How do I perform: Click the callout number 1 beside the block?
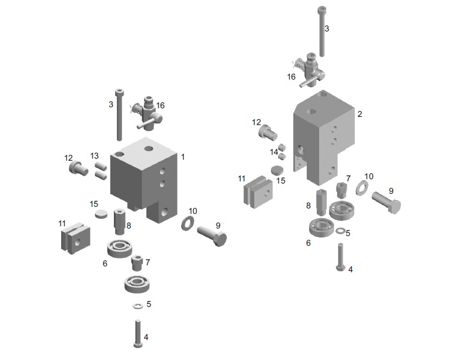(x=183, y=157)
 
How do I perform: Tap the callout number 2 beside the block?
(x=360, y=114)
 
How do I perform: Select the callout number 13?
(x=94, y=156)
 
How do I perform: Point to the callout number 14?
(x=274, y=152)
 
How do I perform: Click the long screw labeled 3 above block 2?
(x=322, y=31)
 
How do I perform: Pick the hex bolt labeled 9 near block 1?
(x=212, y=235)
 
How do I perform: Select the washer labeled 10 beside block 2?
(x=362, y=188)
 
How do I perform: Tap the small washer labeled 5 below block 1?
(x=137, y=306)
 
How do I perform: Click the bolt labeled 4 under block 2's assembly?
(x=340, y=257)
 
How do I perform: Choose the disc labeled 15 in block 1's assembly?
(x=101, y=214)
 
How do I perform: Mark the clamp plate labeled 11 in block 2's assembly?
(x=259, y=192)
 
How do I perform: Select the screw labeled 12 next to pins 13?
(x=78, y=168)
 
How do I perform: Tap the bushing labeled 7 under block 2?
(x=341, y=189)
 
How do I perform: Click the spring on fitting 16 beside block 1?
(x=136, y=108)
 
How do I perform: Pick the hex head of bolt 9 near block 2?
(x=394, y=206)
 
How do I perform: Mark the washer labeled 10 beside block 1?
(x=188, y=222)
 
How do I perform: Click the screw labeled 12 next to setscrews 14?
(x=268, y=132)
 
